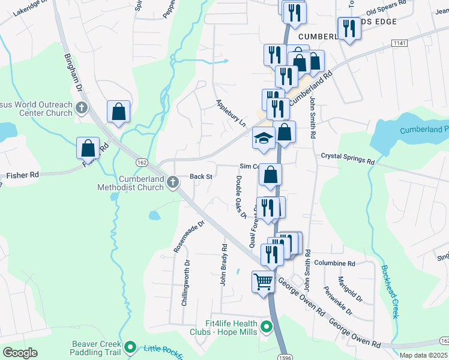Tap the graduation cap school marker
(x=264, y=139)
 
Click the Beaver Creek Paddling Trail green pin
(x=130, y=346)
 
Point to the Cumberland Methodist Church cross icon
(x=173, y=181)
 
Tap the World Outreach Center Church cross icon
(x=82, y=109)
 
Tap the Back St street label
(x=201, y=176)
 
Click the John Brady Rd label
(x=224, y=264)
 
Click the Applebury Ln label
(x=231, y=113)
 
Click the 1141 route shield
(x=399, y=44)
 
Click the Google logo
(x=20, y=353)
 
